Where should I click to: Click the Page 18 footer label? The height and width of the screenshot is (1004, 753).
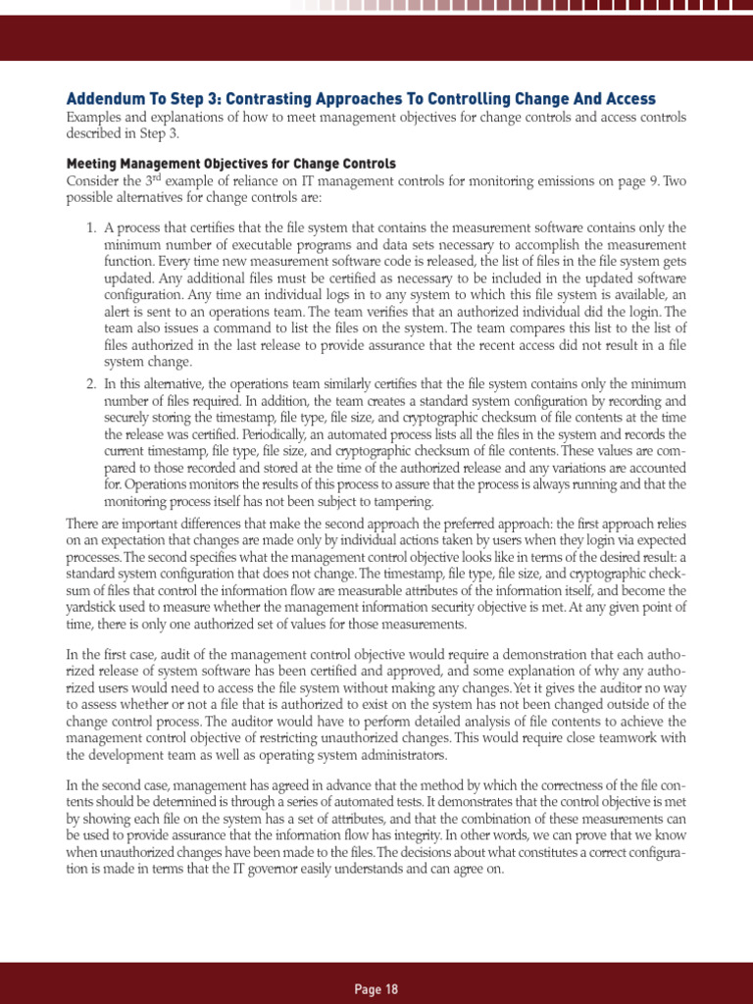click(376, 989)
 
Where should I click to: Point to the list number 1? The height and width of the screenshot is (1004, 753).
click(90, 228)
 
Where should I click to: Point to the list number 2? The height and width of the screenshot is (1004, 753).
click(90, 383)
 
